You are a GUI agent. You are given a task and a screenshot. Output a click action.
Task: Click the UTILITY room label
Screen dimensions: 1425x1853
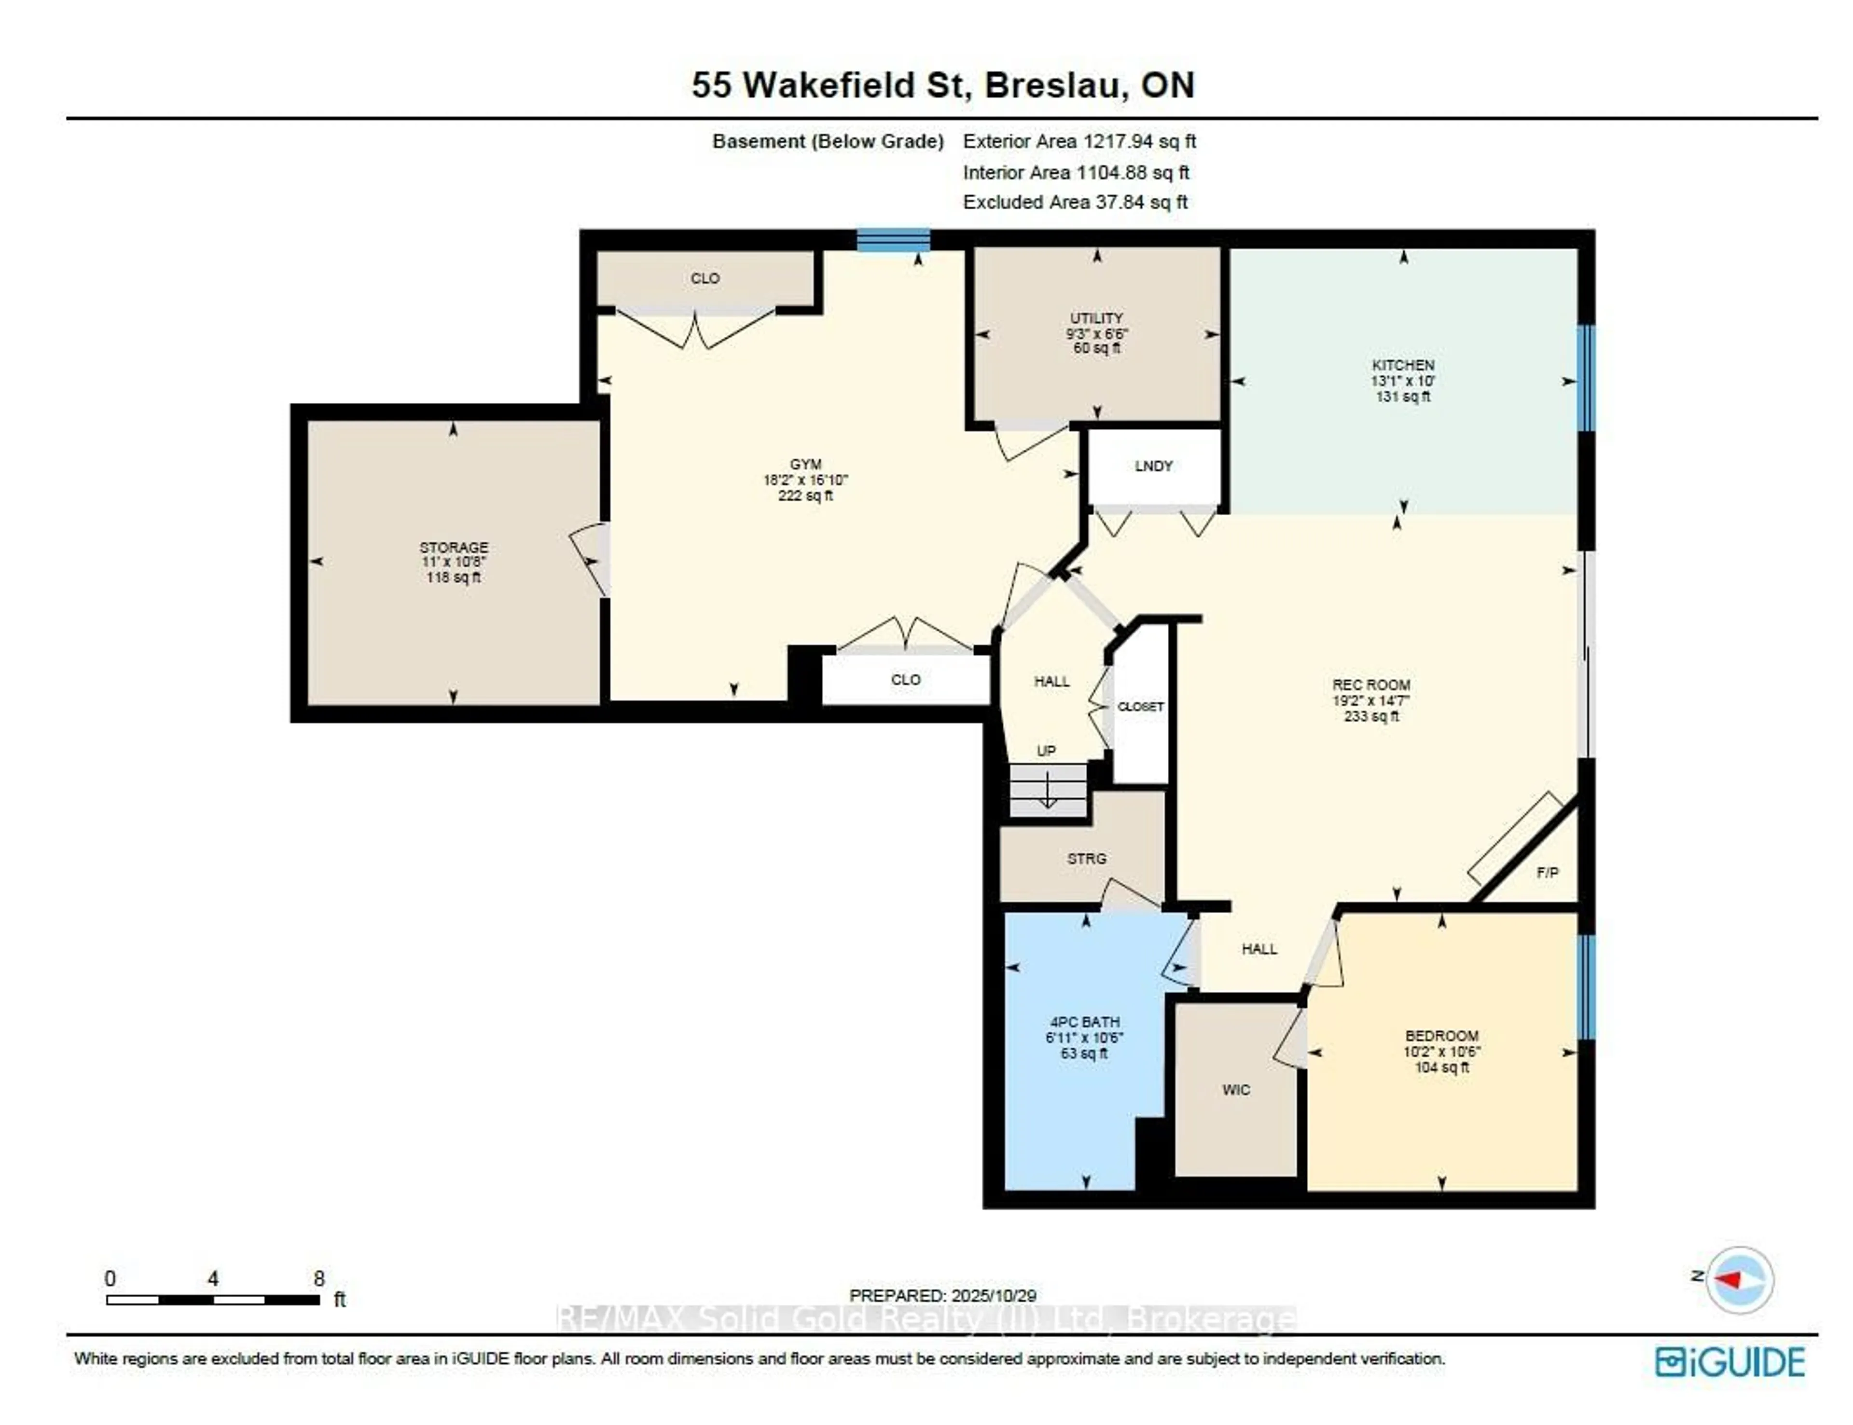(1096, 318)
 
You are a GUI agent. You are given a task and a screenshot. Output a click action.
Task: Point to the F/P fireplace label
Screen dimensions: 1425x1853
(1547, 872)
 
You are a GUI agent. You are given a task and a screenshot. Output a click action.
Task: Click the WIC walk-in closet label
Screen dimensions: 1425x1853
(1235, 1089)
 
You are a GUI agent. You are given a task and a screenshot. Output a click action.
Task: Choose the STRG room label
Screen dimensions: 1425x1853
(1086, 858)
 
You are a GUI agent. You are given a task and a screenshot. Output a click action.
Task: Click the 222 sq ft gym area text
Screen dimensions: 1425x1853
(805, 495)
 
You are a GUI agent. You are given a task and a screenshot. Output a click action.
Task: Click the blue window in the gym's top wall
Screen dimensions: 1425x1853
(893, 240)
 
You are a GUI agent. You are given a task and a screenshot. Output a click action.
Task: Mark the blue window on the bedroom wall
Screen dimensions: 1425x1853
(1585, 987)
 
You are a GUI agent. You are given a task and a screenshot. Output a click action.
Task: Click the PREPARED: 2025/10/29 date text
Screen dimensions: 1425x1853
(942, 1295)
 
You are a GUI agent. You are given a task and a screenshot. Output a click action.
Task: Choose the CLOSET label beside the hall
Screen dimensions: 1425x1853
(1140, 707)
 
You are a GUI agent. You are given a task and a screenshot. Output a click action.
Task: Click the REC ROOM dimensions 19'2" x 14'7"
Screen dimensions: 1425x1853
(1370, 700)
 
